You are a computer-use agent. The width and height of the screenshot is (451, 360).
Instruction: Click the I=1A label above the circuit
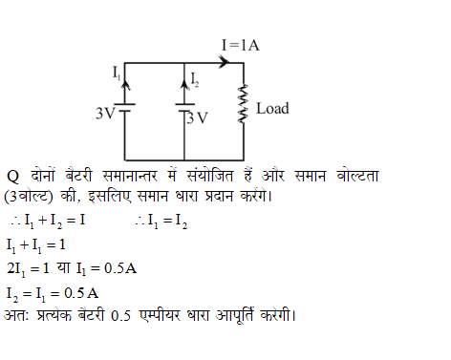(241, 45)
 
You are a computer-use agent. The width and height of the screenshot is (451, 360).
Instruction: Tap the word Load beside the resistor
(272, 109)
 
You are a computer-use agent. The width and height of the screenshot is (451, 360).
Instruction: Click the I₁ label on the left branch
(116, 72)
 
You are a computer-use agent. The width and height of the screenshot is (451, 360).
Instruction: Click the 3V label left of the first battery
(105, 113)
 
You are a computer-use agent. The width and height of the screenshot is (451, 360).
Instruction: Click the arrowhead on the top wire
(225, 63)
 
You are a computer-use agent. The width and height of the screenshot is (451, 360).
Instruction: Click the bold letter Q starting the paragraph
(13, 175)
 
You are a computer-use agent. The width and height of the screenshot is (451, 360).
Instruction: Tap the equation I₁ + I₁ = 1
(37, 244)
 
